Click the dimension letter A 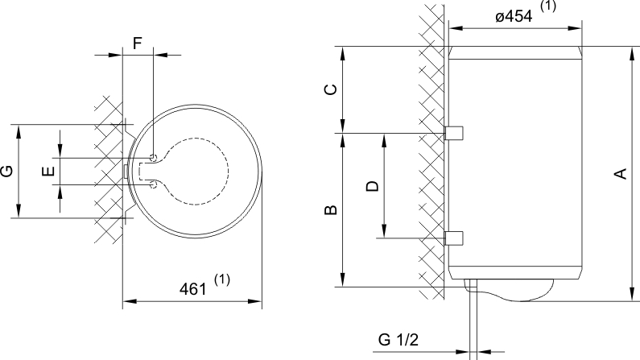[x=620, y=174]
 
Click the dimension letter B [x=330, y=211]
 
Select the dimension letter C [x=330, y=89]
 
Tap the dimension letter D [x=371, y=186]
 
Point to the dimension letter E [x=48, y=171]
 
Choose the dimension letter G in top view [x=6, y=171]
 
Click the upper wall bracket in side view [x=453, y=132]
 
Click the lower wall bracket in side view [x=453, y=238]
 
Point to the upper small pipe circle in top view [x=153, y=156]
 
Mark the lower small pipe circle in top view [x=153, y=185]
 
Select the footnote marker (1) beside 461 [x=223, y=279]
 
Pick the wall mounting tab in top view [x=126, y=171]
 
